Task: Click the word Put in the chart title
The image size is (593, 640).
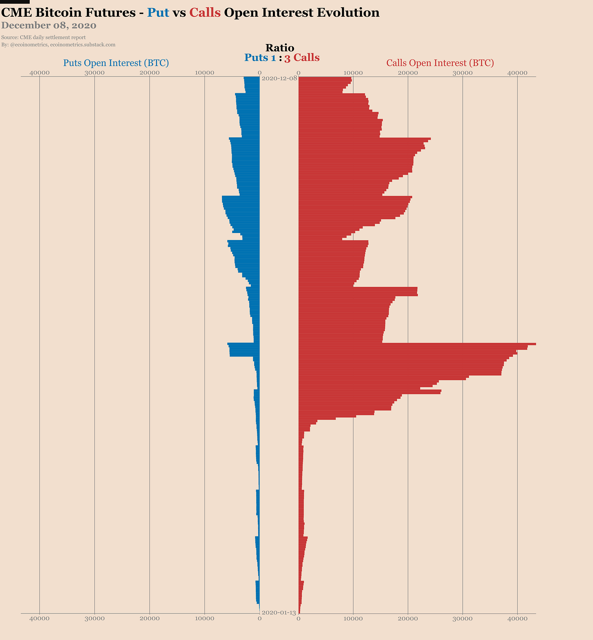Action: click(x=158, y=13)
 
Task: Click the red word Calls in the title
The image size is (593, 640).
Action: click(x=205, y=13)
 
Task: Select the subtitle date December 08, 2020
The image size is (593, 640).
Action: click(x=49, y=26)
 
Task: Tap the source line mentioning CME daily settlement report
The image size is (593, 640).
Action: click(x=44, y=37)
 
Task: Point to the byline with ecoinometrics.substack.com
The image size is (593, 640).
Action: click(x=58, y=44)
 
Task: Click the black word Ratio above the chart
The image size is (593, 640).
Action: click(x=279, y=48)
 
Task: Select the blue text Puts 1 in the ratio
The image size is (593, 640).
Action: click(x=260, y=58)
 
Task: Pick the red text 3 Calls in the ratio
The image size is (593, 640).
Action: click(x=302, y=58)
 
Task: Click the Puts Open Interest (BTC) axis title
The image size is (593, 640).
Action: click(x=116, y=63)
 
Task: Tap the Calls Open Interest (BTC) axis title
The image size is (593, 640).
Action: click(x=440, y=63)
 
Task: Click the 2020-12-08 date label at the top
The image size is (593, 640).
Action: click(x=279, y=78)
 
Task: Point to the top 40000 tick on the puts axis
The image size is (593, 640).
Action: click(x=40, y=73)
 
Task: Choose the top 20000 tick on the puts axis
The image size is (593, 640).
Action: click(x=149, y=73)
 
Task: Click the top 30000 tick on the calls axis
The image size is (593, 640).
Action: click(x=463, y=73)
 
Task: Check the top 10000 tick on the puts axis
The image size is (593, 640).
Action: click(x=204, y=73)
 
